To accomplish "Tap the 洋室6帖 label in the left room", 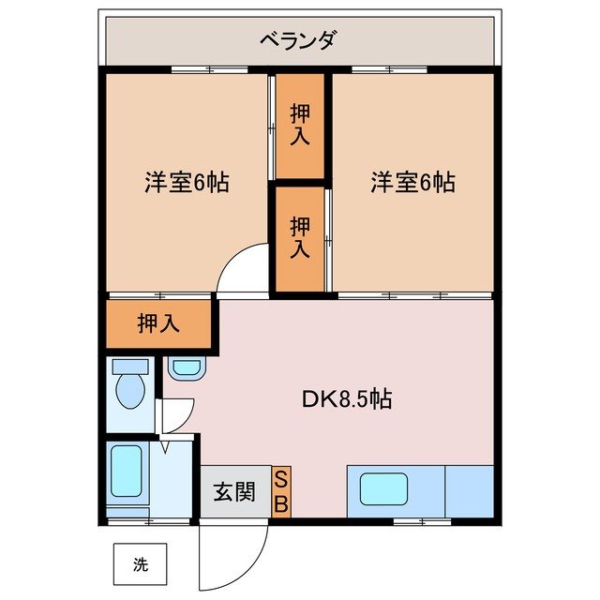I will pyautogui.click(x=186, y=182).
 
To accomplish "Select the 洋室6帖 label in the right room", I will pyautogui.click(x=412, y=182).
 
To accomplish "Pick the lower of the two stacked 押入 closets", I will pyautogui.click(x=299, y=238).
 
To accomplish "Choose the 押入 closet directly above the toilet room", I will pyautogui.click(x=158, y=323).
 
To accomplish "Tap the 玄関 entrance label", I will pyautogui.click(x=233, y=492).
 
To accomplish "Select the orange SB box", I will pyautogui.click(x=281, y=491).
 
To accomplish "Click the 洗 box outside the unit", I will pyautogui.click(x=139, y=565).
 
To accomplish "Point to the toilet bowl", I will pyautogui.click(x=128, y=390).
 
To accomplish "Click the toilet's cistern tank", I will pyautogui.click(x=129, y=366).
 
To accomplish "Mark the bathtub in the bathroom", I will pyautogui.click(x=126, y=472).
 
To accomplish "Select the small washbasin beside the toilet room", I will pyautogui.click(x=186, y=368).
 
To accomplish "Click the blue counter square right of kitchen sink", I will pyautogui.click(x=468, y=489).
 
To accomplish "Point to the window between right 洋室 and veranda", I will pyautogui.click(x=389, y=69).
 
